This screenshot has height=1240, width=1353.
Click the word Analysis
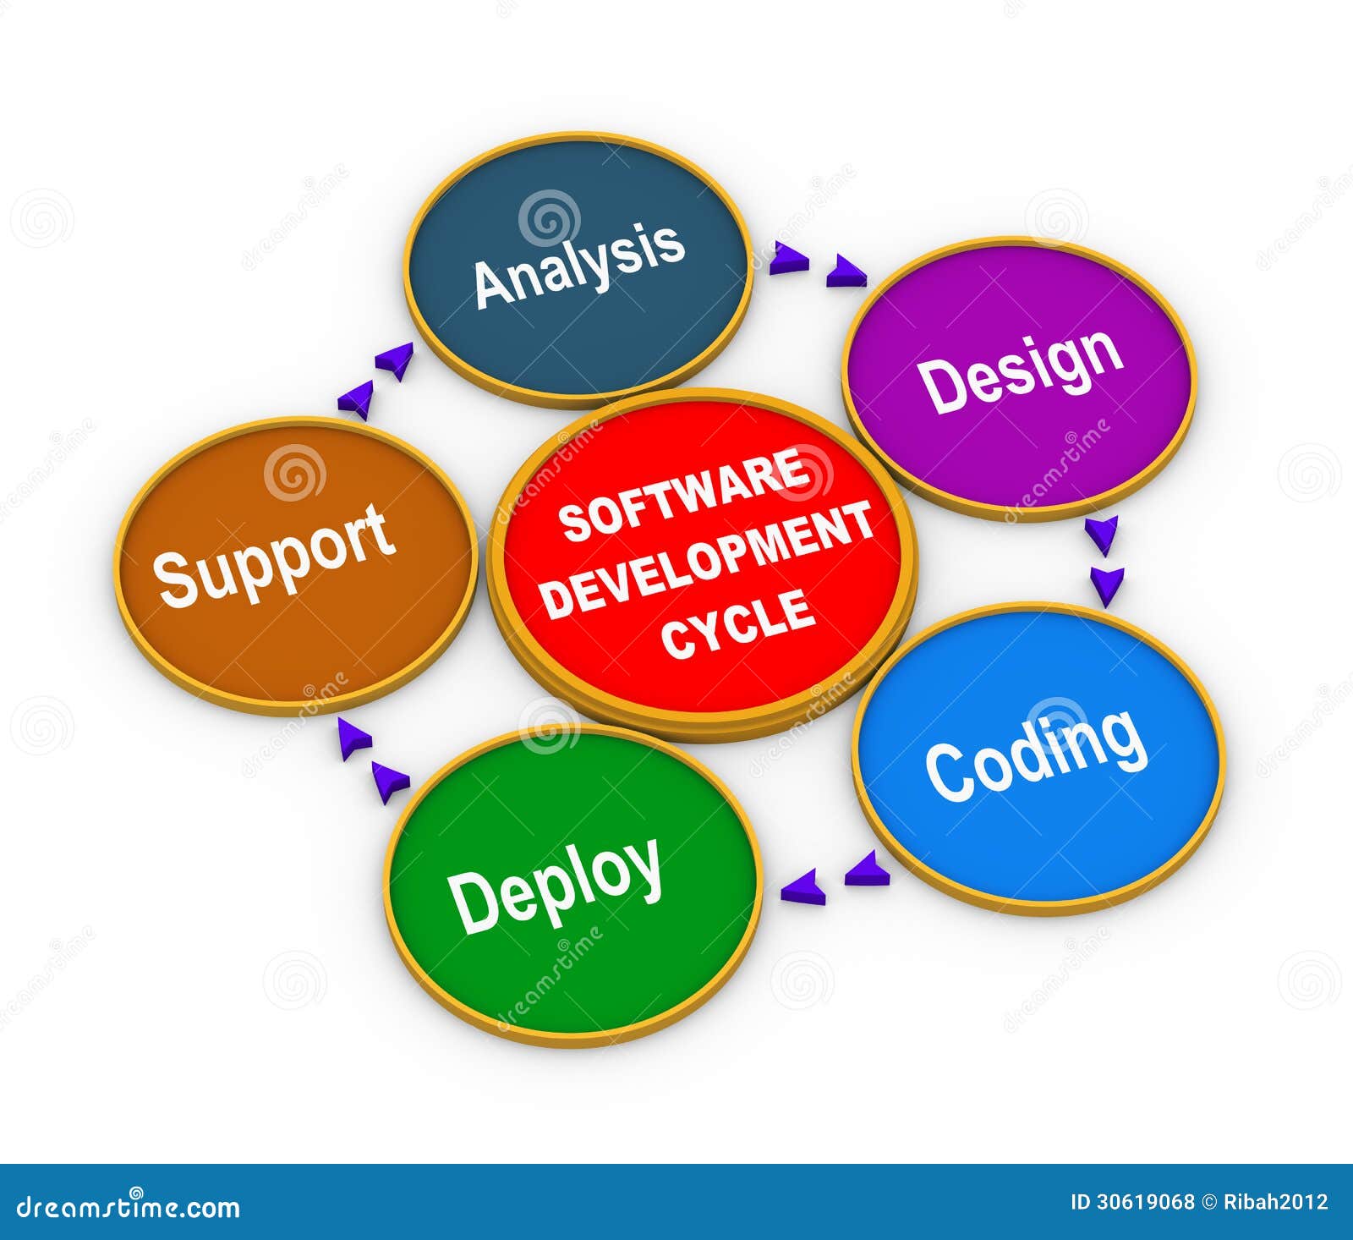coord(579,264)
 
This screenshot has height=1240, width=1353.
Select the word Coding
coord(1037,754)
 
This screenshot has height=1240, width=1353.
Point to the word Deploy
coord(556,885)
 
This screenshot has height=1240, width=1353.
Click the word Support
coord(275,555)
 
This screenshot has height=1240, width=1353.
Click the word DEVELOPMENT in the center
coord(707,558)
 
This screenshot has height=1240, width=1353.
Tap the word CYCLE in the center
coord(739,623)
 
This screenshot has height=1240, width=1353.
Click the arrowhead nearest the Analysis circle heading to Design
coord(791,257)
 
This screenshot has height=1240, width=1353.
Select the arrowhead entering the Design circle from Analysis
coord(846,272)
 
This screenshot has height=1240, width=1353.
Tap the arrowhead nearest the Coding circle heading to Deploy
coord(868,870)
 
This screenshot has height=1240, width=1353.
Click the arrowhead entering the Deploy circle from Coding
coord(802,887)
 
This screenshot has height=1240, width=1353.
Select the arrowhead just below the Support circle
coord(354,737)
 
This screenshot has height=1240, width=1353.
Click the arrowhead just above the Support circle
coord(356,400)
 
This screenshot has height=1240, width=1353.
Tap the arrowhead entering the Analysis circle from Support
coord(394,359)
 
